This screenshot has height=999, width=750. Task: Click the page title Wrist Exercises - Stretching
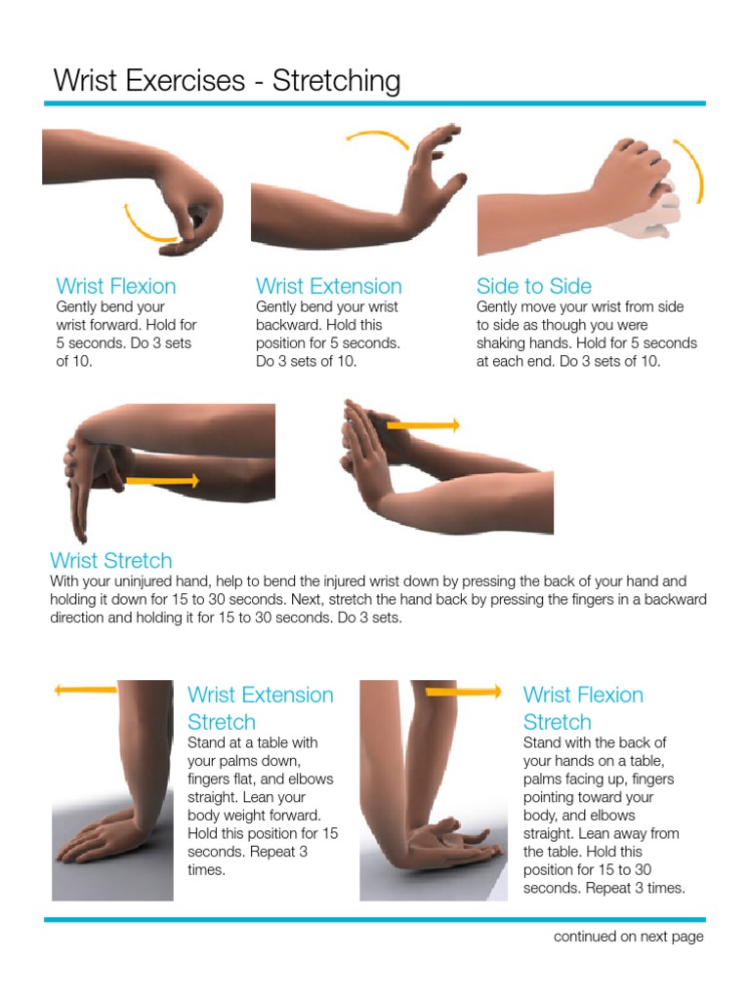227,80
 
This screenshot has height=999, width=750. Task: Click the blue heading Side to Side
533,286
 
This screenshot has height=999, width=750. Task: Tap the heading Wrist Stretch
110,560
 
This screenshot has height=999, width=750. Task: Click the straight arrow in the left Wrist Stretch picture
162,480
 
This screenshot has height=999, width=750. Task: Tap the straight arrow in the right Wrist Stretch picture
423,425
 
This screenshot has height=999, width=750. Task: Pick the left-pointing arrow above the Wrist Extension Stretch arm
86,690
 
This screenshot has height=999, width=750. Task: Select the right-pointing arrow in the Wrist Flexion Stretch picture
464,691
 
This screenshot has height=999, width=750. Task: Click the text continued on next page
628,937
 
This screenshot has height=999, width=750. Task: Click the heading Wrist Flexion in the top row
116,286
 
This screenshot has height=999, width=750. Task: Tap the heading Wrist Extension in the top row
328,286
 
